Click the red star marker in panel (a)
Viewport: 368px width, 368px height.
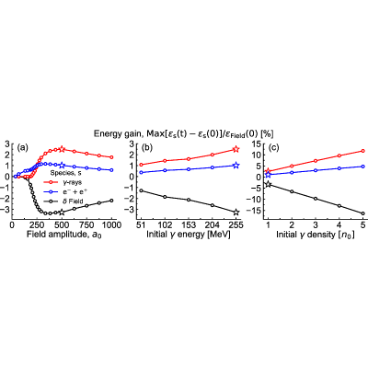62,149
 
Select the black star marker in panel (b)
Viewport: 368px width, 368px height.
236,213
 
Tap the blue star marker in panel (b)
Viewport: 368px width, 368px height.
236,166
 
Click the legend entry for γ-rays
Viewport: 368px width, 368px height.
62,182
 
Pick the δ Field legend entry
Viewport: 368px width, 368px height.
63,201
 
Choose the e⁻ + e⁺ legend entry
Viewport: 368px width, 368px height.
63,192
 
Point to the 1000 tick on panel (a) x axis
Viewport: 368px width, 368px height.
111,225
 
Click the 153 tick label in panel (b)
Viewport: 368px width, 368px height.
189,225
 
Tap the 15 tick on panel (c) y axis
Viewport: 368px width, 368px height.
257,144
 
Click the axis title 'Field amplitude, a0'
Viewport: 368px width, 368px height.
63,235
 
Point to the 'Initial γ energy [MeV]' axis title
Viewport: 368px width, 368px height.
189,235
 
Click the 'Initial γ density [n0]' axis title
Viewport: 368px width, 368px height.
316,236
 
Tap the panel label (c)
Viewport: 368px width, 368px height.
273,148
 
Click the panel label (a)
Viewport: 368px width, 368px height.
23,148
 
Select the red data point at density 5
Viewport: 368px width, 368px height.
362,151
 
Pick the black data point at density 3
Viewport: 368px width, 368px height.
316,199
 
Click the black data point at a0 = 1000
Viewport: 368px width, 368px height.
111,201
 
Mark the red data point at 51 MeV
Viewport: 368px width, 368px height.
142,165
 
